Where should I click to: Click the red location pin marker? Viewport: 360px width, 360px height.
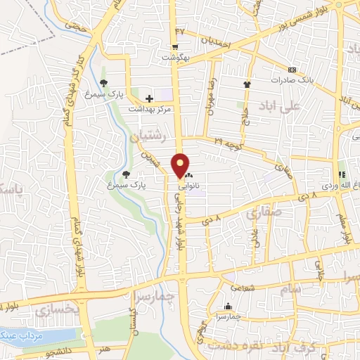click(x=181, y=165)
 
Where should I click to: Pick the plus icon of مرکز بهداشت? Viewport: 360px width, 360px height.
click(x=148, y=98)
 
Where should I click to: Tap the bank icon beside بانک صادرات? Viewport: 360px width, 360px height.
click(x=292, y=70)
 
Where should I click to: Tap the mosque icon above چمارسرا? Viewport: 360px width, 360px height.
click(x=228, y=307)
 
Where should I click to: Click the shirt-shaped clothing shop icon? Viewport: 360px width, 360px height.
click(x=247, y=85)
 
